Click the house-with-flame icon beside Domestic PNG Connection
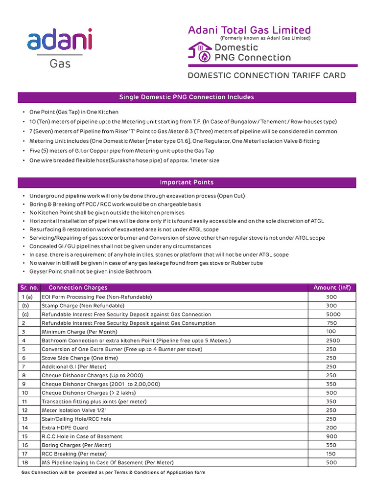200,52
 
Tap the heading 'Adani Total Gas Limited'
249,30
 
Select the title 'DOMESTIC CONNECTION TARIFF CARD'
267,75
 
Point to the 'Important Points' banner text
187,182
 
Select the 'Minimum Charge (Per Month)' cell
75,332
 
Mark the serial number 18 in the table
25,462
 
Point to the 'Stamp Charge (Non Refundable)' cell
80,305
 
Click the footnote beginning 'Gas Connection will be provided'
114,472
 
